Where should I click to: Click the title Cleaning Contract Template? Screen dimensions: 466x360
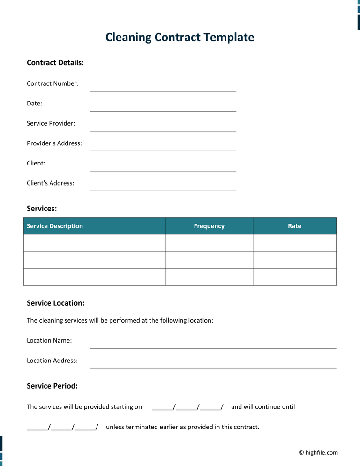click(180, 38)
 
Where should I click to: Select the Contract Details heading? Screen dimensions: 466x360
click(55, 63)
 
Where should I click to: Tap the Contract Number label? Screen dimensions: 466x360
click(52, 83)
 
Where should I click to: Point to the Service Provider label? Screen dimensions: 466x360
click(51, 123)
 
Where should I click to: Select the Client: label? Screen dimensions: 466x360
click(36, 163)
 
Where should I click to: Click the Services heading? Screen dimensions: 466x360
click(42, 209)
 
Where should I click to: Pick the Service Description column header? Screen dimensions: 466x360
click(55, 226)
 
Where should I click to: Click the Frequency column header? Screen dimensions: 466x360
click(209, 226)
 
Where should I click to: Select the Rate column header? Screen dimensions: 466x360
click(294, 226)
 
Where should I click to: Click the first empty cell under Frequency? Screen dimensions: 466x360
click(209, 243)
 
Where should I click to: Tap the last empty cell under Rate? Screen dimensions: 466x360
click(294, 277)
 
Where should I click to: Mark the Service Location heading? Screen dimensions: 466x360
click(56, 303)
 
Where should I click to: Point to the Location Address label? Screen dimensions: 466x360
click(52, 361)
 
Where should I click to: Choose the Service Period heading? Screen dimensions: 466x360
click(52, 386)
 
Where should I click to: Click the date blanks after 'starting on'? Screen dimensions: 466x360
click(187, 407)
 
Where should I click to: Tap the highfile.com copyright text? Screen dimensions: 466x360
click(318, 452)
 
